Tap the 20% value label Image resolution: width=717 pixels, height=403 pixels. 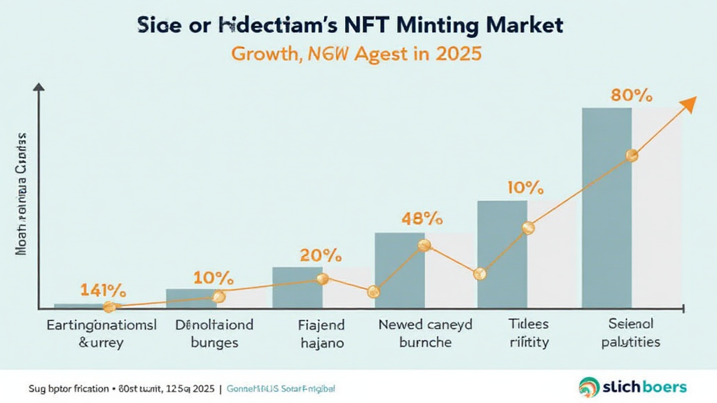pyautogui.click(x=319, y=255)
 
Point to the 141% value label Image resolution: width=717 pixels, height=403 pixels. pyautogui.click(x=103, y=290)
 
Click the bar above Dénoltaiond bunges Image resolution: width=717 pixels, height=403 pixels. pyautogui.click(x=191, y=298)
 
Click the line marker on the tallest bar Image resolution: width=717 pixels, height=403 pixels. pyautogui.click(x=632, y=156)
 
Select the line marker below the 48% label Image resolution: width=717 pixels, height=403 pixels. pyautogui.click(x=424, y=245)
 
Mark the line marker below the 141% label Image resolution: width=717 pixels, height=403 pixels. pyautogui.click(x=109, y=306)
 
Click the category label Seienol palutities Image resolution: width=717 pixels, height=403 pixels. pyautogui.click(x=629, y=334)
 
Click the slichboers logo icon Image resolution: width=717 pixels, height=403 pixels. pyautogui.click(x=590, y=386)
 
